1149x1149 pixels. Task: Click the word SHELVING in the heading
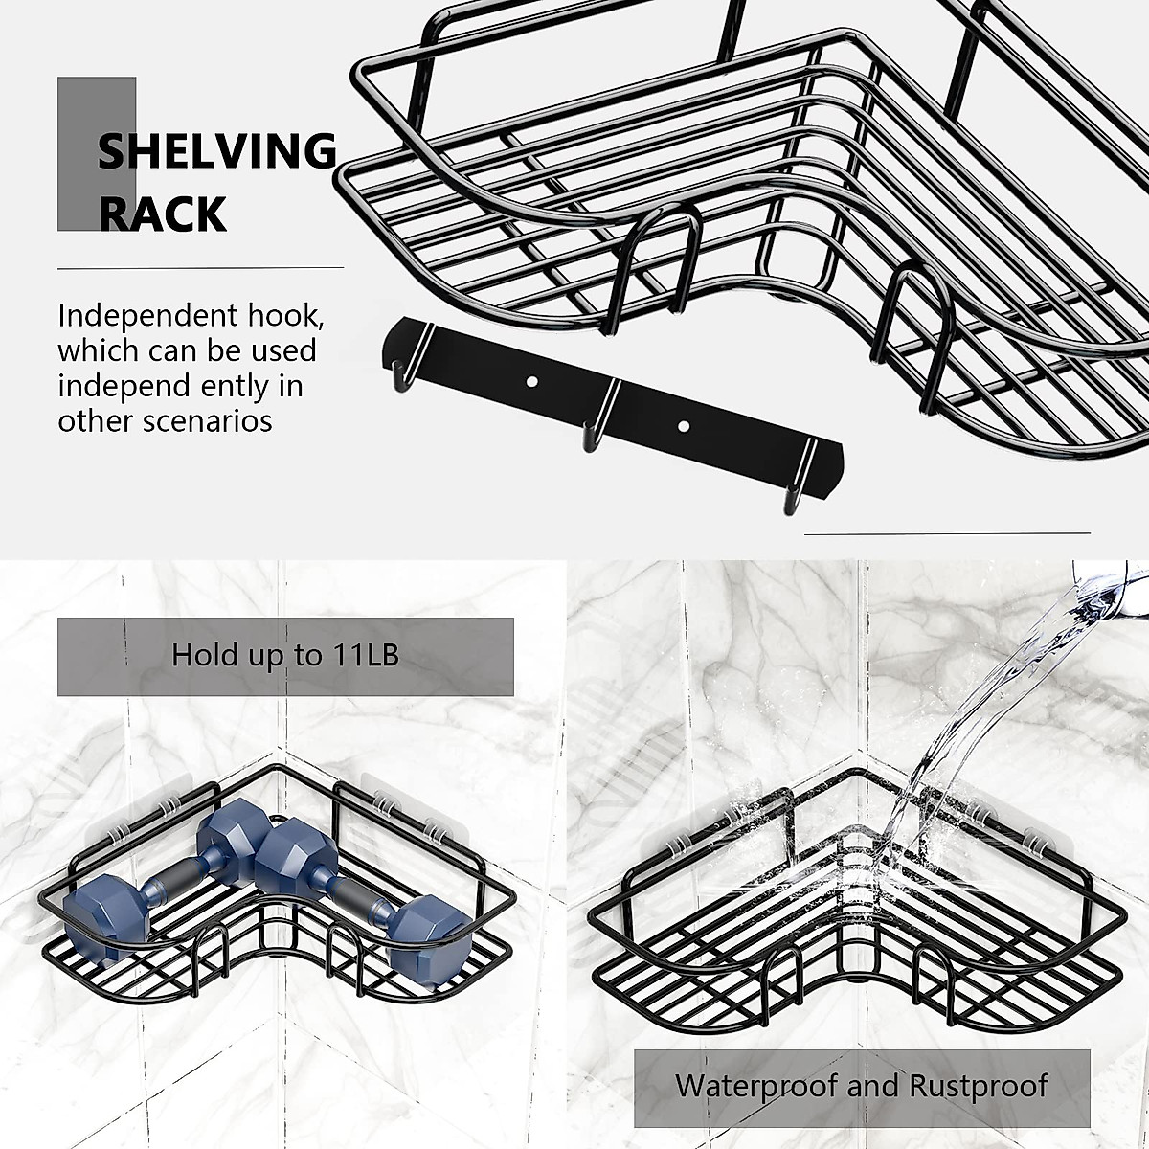(x=217, y=152)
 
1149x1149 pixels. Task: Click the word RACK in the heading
(x=163, y=214)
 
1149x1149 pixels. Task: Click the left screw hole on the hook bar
(x=532, y=381)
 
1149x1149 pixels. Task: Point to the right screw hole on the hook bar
(x=684, y=423)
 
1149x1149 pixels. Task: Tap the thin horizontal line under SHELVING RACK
(x=200, y=267)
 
